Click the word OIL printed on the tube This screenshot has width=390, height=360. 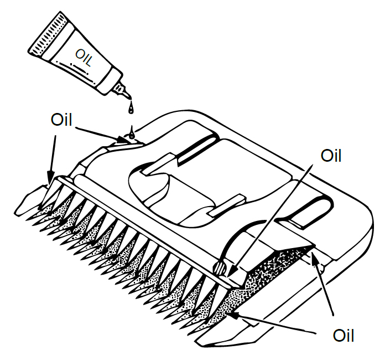(x=84, y=58)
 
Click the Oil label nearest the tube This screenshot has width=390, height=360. (x=61, y=120)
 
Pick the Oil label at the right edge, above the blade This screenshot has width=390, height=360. (x=331, y=156)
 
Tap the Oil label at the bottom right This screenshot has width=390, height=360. (x=343, y=335)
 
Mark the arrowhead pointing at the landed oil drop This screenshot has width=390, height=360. (x=123, y=140)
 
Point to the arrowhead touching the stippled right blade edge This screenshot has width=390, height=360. (x=236, y=316)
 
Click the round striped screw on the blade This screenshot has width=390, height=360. (x=220, y=268)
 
